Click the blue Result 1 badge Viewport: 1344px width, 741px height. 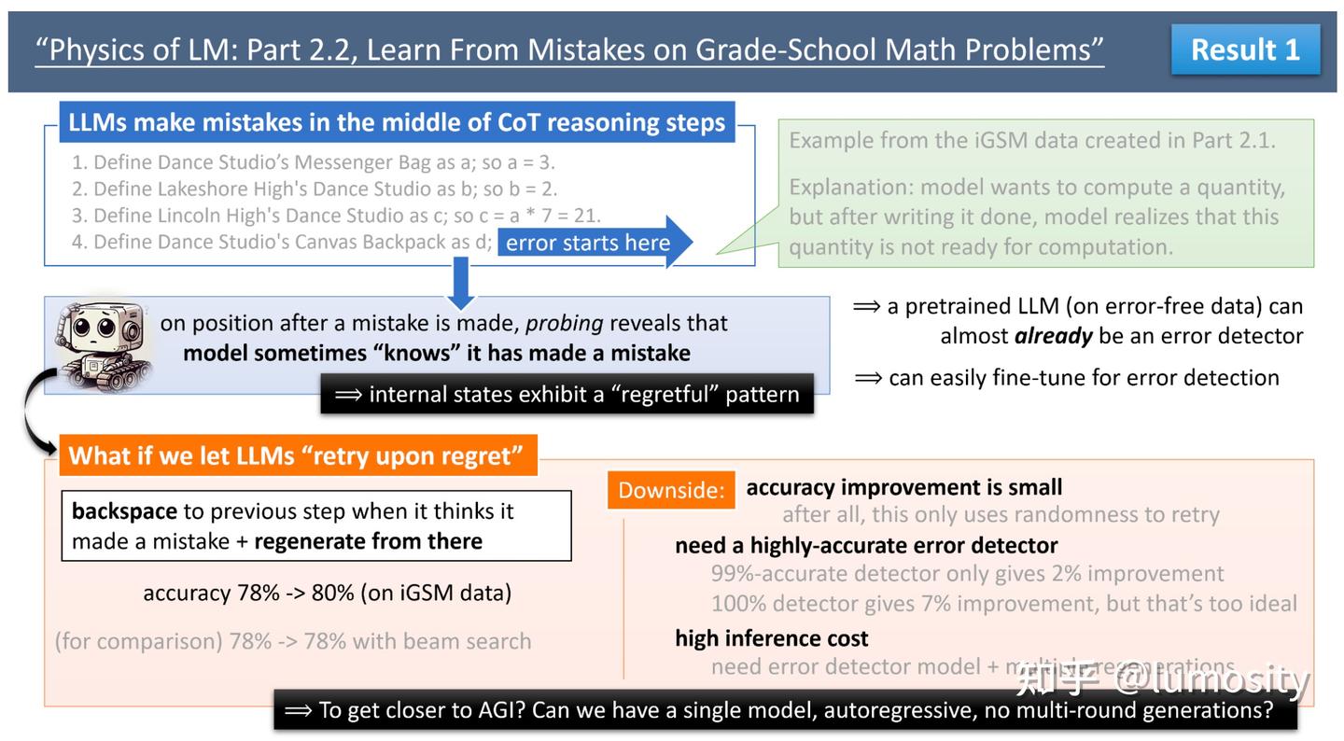[x=1245, y=49]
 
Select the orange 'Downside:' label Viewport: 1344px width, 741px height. [x=671, y=490]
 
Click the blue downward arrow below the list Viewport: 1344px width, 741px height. [x=461, y=282]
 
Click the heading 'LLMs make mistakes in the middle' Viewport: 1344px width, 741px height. [x=397, y=122]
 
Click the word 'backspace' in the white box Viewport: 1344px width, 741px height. [x=124, y=511]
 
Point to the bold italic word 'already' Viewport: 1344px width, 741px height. [x=1053, y=336]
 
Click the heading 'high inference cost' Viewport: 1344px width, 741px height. [x=771, y=638]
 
